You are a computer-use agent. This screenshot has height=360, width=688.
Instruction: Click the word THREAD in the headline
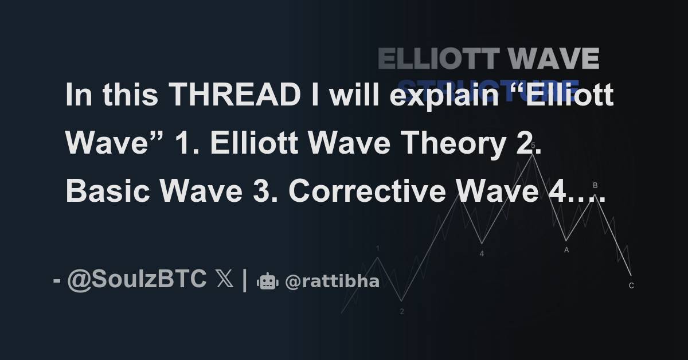pos(235,95)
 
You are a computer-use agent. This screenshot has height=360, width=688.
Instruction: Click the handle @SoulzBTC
pos(136,280)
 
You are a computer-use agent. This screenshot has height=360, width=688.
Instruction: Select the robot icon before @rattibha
pos(268,281)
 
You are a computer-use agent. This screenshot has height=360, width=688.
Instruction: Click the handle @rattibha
pos(332,281)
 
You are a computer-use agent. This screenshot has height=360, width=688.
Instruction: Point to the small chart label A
pos(566,249)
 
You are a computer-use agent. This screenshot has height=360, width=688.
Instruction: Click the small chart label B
pos(595,185)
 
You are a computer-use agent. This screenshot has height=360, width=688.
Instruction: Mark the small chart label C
pos(631,285)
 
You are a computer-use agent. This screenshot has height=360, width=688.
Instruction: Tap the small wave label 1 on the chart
pos(378,249)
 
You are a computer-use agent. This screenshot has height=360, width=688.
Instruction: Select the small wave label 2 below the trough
pos(402,312)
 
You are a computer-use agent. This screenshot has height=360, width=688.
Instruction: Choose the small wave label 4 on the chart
pos(482,253)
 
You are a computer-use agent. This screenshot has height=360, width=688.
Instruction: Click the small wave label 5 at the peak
pos(533,146)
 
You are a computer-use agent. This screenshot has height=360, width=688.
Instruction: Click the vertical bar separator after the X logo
pos(245,280)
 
